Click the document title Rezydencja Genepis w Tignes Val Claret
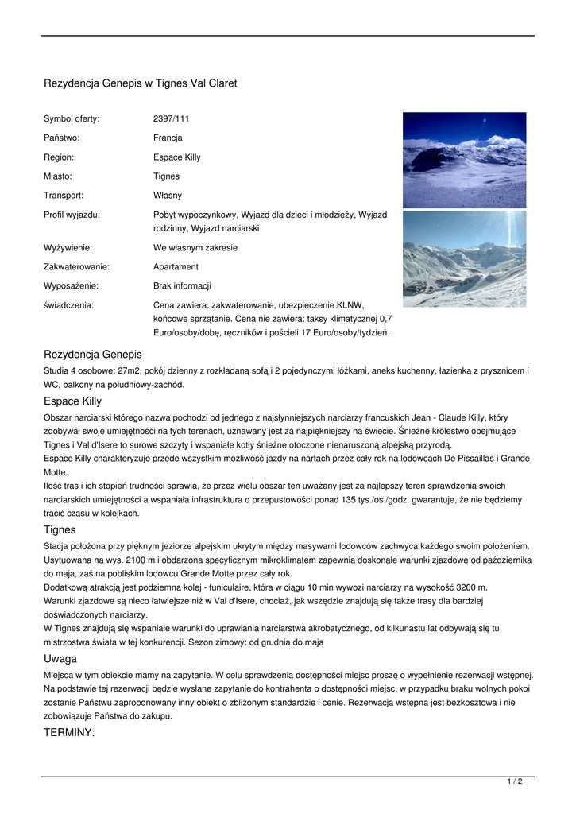(x=140, y=83)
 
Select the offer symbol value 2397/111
(x=171, y=119)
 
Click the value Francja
(x=168, y=138)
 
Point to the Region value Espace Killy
(x=176, y=157)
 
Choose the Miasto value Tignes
(x=166, y=176)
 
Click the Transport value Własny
(x=167, y=196)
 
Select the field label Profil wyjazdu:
(x=72, y=215)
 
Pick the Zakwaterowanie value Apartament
(x=176, y=267)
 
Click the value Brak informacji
(x=182, y=286)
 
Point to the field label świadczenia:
(x=68, y=305)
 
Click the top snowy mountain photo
(x=464, y=160)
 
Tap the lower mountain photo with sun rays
(x=464, y=258)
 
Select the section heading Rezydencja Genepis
(x=92, y=354)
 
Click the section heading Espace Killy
(x=72, y=401)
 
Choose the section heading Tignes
(x=60, y=529)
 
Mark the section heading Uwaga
(x=60, y=658)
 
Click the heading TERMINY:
(x=69, y=733)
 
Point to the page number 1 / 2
(x=515, y=782)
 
